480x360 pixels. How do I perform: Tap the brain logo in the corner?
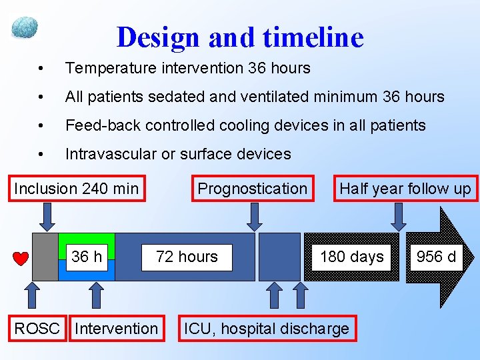tap(25, 28)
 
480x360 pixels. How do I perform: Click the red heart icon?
tap(21, 259)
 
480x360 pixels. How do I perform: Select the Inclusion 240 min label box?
tap(77, 189)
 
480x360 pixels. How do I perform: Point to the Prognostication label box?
tap(252, 189)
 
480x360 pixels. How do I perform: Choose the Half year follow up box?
tap(405, 189)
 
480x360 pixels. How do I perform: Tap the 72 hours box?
tap(187, 257)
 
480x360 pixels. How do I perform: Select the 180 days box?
tap(352, 257)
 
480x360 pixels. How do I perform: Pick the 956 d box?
tap(437, 257)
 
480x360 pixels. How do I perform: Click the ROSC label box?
tap(37, 328)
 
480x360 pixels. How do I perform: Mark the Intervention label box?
tap(117, 328)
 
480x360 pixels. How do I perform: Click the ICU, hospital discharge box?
tap(267, 328)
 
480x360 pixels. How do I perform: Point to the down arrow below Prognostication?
tap(253, 215)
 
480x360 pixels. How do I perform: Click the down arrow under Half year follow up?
tap(398, 215)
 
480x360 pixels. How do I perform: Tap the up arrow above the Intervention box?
tap(97, 295)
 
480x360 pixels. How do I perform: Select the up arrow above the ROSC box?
tap(31, 295)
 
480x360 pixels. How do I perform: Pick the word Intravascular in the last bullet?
tap(111, 154)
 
